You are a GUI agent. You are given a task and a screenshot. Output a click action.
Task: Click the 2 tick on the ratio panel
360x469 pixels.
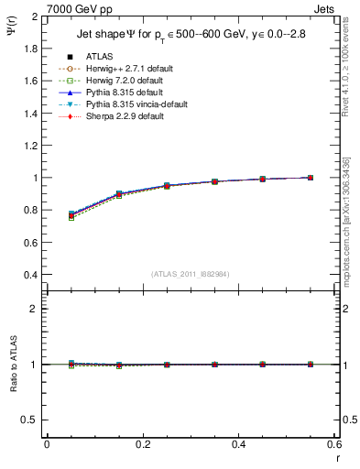tap(35, 309)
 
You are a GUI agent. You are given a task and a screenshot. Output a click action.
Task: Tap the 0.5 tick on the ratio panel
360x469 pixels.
tap(31, 420)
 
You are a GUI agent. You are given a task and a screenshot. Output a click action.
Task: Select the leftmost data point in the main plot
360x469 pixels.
tap(71, 215)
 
